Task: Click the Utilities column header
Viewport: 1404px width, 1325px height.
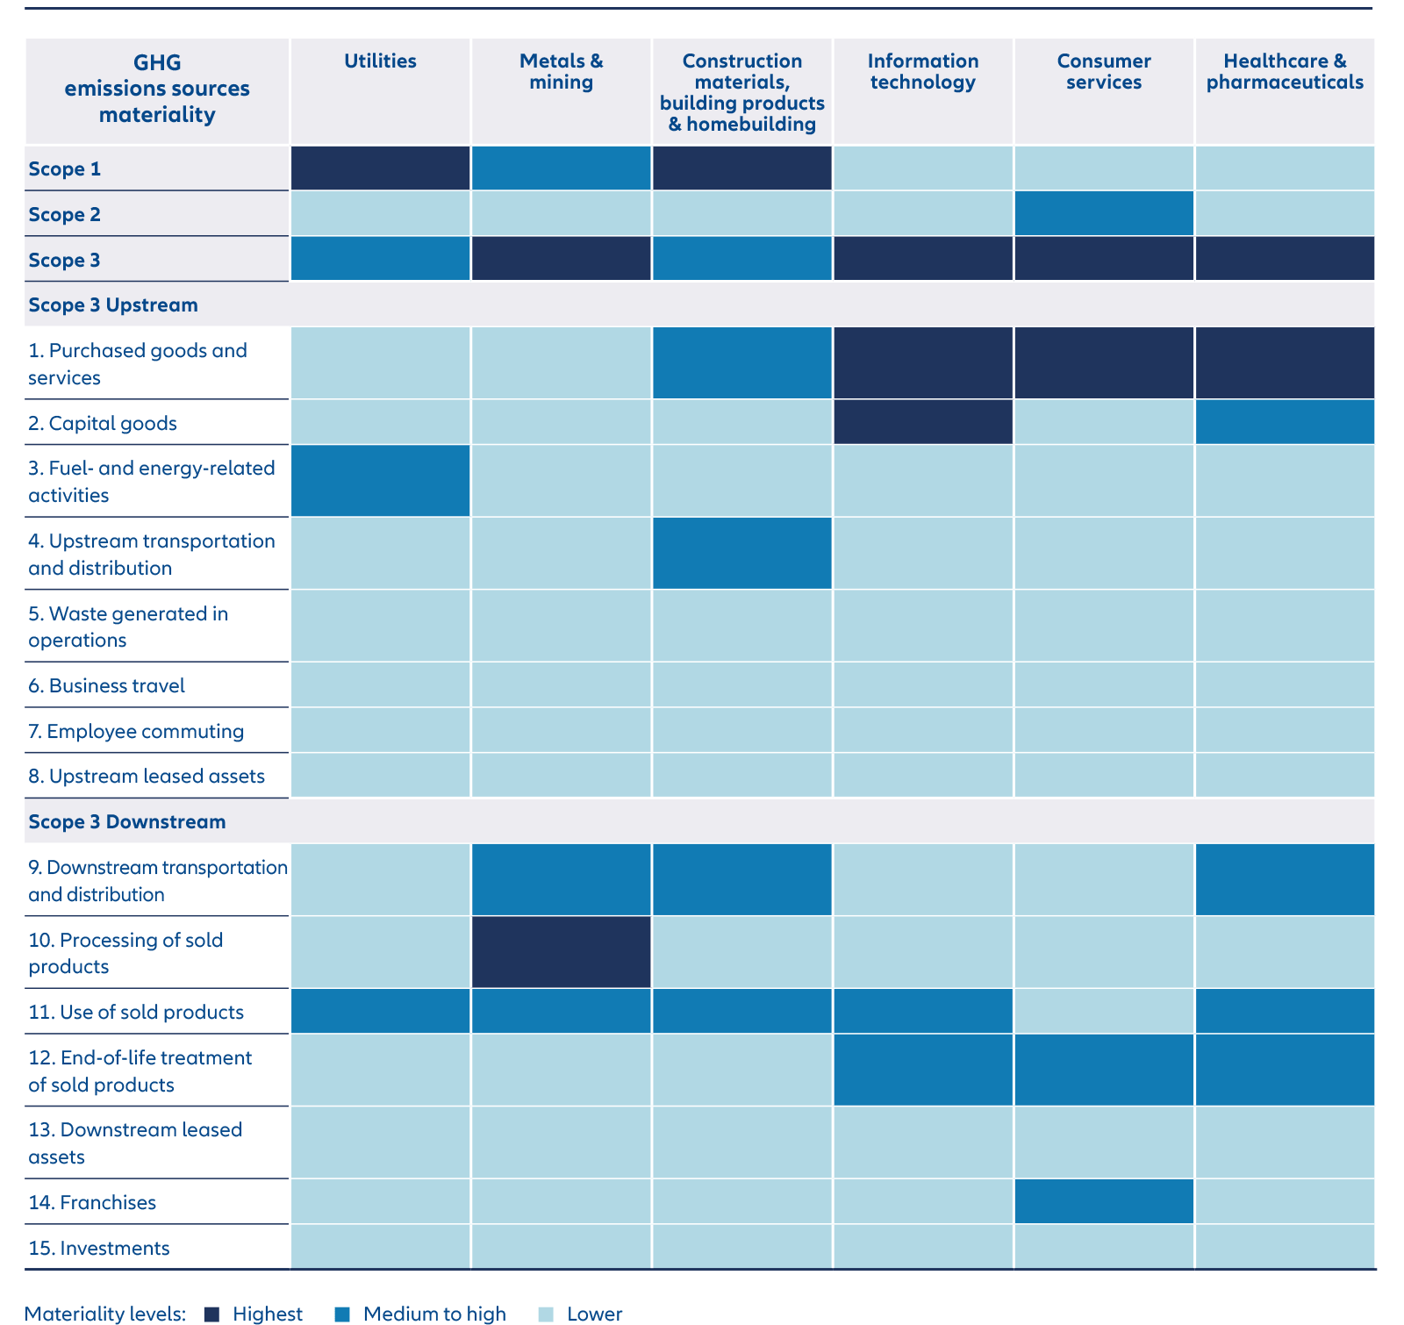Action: (380, 61)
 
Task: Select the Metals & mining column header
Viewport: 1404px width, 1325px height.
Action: (561, 72)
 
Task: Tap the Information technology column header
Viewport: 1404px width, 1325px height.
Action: (922, 72)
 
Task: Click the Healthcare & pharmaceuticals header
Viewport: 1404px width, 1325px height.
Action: (1285, 72)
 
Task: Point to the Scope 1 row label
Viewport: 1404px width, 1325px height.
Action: (65, 168)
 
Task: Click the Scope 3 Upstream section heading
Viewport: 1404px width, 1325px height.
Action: (113, 304)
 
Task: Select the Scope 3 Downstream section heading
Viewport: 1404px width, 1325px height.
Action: (127, 821)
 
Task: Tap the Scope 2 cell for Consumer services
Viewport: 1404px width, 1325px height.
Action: (1103, 213)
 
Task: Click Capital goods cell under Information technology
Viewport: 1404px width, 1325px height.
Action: (922, 422)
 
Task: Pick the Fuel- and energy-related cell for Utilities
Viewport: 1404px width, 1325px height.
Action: (380, 480)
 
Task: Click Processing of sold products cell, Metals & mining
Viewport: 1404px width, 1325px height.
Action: (561, 952)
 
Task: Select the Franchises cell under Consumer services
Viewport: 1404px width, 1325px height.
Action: (1103, 1201)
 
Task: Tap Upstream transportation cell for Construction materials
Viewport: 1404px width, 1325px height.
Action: (741, 553)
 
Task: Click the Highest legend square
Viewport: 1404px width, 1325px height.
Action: (211, 1314)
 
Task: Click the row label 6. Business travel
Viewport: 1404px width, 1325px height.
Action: (107, 685)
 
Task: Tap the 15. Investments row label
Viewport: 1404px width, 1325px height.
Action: (99, 1248)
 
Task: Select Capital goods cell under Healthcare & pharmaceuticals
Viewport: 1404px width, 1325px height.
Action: (1285, 422)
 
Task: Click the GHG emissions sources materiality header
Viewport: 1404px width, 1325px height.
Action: (157, 89)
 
